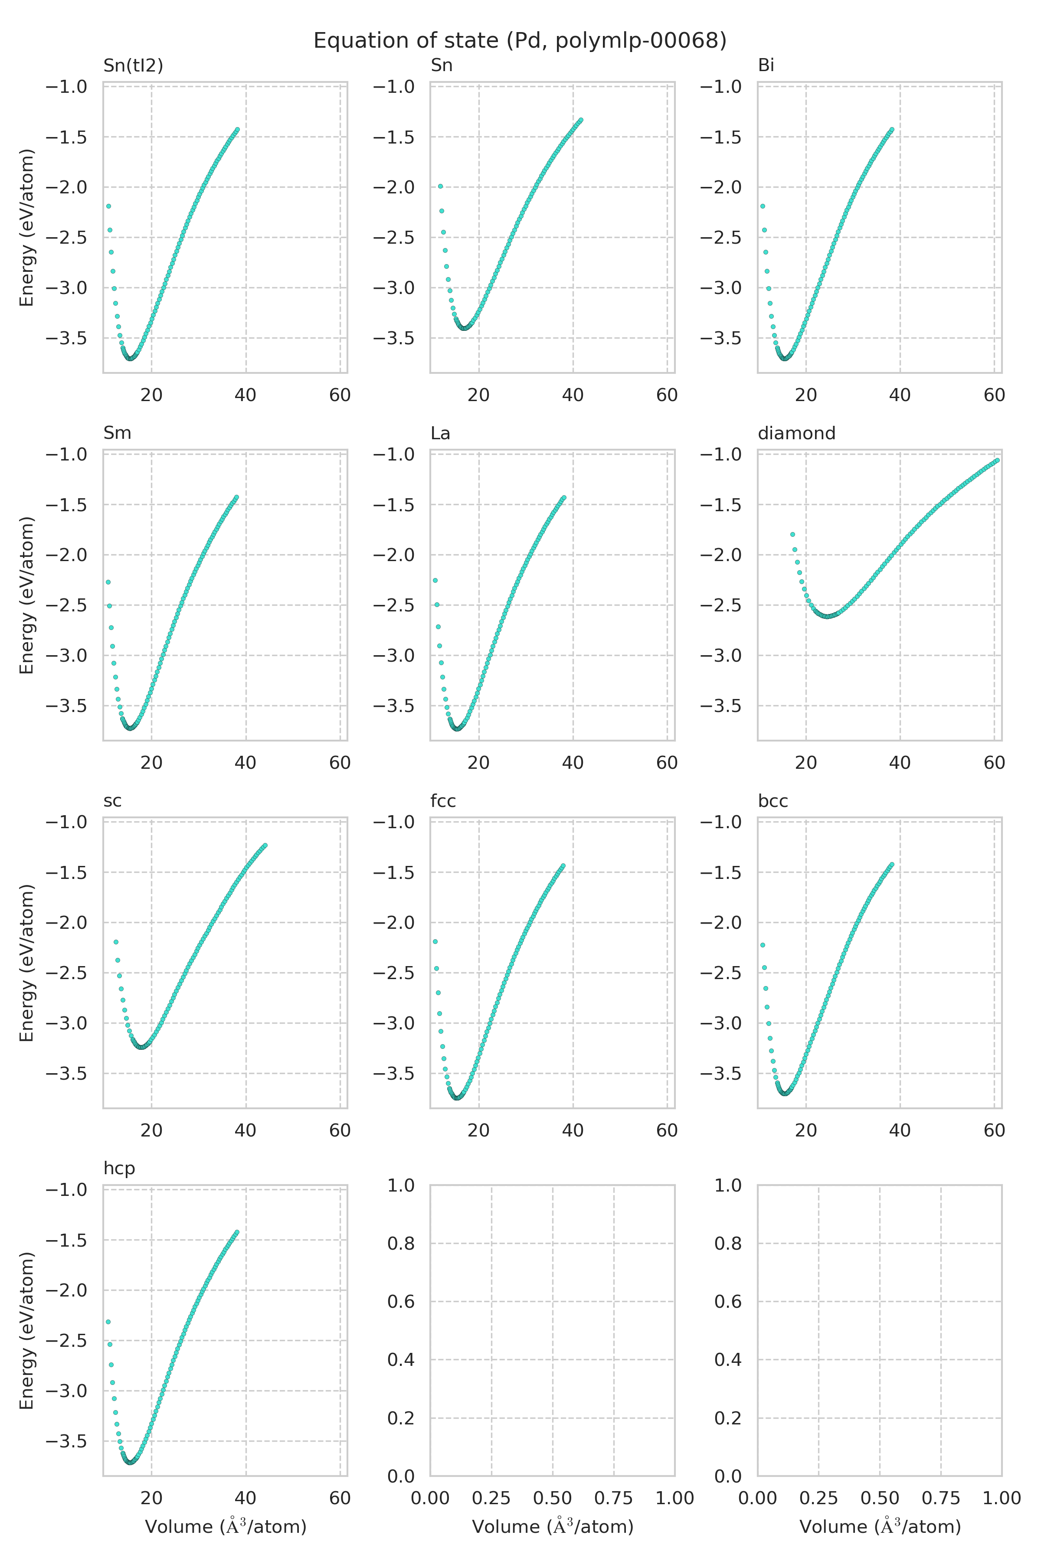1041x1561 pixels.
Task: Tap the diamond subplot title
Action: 796,433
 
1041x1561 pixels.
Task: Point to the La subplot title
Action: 440,433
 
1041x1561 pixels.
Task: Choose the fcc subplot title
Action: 443,801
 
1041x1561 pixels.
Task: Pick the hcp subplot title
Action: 119,1168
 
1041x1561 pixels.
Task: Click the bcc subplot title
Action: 773,801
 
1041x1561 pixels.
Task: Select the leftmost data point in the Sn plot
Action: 440,186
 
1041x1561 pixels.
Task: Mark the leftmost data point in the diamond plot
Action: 792,534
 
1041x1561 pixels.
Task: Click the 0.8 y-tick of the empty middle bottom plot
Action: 400,1243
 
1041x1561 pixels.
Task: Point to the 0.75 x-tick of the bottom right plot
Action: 941,1498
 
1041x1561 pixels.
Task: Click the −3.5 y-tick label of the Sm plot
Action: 66,705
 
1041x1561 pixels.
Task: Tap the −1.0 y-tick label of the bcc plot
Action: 720,822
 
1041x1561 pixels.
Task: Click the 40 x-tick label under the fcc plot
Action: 573,1130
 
